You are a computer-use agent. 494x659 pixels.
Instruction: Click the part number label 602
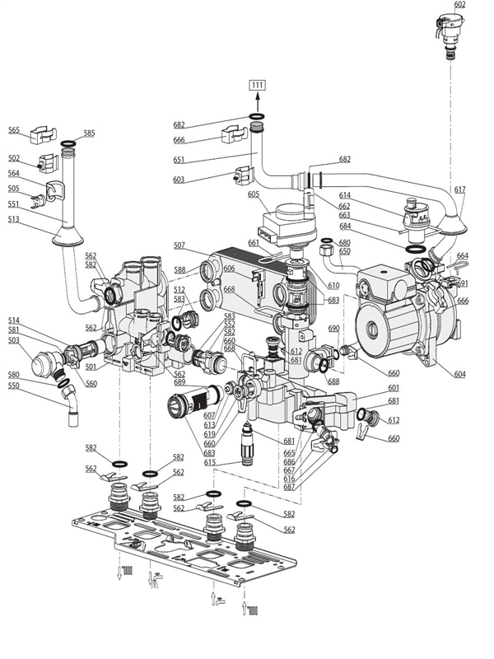459,5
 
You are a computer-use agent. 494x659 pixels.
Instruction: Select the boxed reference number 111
257,86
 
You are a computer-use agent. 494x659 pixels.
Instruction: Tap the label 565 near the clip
14,130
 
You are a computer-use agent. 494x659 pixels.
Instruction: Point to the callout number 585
89,133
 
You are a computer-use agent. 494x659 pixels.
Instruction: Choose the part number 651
179,161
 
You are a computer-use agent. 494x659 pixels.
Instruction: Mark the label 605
254,194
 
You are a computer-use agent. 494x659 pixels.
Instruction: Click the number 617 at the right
459,189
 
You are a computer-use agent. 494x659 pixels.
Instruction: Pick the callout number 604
459,375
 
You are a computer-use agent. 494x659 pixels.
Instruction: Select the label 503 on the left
14,339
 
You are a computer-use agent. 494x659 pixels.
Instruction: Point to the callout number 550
14,386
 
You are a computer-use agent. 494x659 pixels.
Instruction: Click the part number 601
394,388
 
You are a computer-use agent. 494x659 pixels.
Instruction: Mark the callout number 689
179,383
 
